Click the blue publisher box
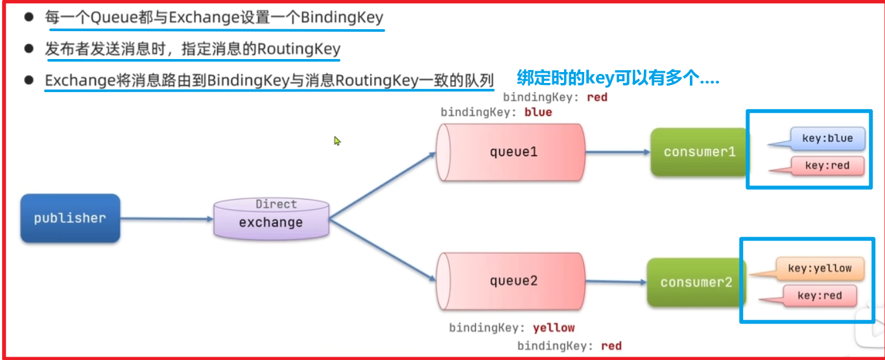[70, 219]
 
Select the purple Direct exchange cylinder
[271, 219]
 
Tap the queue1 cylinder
[510, 152]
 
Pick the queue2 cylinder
[510, 282]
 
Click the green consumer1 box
[699, 152]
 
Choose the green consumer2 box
[696, 282]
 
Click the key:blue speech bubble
[825, 138]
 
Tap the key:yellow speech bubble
[820, 268]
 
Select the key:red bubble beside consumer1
[826, 165]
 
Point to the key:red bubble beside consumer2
[819, 296]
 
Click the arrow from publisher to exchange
[167, 219]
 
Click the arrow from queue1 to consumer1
[617, 152]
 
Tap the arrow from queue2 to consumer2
[615, 282]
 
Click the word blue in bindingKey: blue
[538, 112]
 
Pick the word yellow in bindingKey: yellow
[553, 328]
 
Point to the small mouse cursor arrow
[337, 140]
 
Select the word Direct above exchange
[276, 204]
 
